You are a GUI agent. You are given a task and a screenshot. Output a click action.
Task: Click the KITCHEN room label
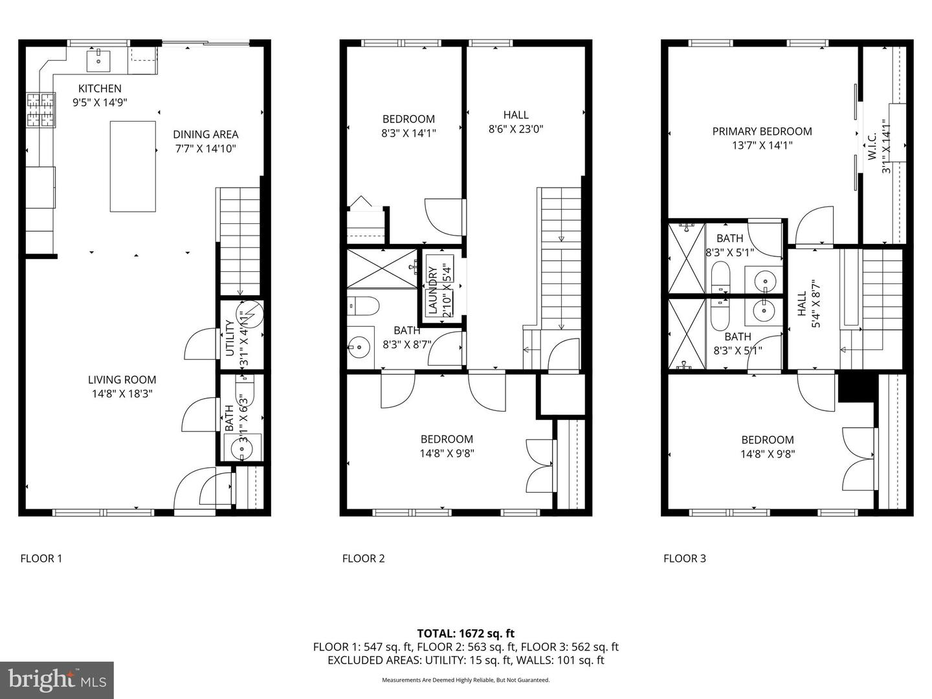pos(100,89)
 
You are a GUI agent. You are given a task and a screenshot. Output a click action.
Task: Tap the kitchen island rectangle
pos(133,166)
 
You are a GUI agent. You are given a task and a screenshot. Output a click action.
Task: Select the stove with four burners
pos(40,110)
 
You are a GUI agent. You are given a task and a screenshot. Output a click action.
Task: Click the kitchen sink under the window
pos(99,61)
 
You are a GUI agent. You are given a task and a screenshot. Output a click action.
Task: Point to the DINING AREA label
pos(205,135)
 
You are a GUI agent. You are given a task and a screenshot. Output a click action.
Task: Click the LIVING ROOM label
pos(122,380)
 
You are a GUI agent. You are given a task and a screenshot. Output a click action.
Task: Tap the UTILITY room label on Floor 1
pos(230,338)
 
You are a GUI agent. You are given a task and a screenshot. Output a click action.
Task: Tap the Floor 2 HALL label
pos(515,115)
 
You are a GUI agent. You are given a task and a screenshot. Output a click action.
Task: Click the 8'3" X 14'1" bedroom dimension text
pos(408,133)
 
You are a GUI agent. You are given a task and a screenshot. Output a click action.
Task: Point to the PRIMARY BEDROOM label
pos(762,131)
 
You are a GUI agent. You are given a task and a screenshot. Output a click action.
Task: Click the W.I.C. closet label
pos(871,147)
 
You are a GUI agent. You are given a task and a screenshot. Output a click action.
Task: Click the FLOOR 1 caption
pos(41,559)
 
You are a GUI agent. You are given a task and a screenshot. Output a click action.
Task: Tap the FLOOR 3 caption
pos(684,559)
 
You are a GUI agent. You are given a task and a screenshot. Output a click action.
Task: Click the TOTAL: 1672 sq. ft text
pos(465,634)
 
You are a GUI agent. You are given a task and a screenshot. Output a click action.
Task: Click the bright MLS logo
pos(57,680)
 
